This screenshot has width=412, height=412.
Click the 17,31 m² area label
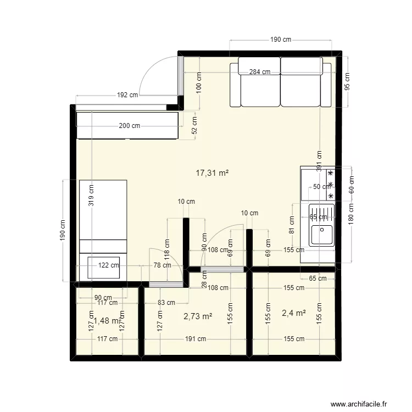pos(212,172)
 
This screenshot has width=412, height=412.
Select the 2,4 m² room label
pos(293,313)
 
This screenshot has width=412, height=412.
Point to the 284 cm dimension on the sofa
pos(259,72)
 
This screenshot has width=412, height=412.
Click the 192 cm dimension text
pos(127,95)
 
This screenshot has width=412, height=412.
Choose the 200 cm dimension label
pos(129,126)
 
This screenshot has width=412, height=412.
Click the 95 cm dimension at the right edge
pos(347,82)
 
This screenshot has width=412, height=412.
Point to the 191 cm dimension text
pos(195,339)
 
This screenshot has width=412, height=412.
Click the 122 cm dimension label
pos(109,265)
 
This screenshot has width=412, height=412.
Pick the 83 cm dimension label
pos(166,302)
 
